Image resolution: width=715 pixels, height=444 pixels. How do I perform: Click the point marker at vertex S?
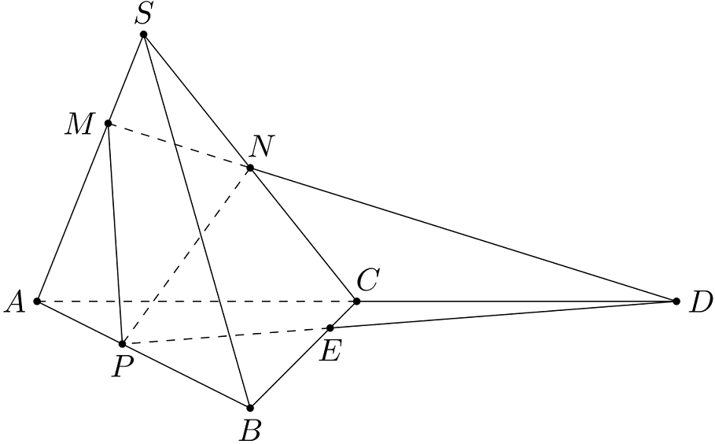(144, 35)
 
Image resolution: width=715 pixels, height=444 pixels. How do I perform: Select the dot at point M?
(108, 123)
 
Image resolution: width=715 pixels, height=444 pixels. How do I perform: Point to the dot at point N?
(250, 168)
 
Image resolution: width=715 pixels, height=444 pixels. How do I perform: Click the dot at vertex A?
(37, 302)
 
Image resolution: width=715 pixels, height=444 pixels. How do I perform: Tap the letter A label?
(15, 302)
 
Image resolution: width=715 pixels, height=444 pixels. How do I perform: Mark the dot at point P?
(122, 344)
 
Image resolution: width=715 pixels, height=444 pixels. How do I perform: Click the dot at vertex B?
(250, 408)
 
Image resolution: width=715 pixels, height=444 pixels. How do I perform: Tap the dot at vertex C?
(356, 302)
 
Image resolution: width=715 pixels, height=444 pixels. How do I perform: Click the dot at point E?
(330, 327)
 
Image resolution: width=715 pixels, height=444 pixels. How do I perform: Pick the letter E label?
(330, 351)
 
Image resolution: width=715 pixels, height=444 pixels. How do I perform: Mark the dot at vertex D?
(676, 302)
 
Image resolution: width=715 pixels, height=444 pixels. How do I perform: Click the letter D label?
(699, 302)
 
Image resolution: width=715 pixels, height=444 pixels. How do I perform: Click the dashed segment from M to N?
(179, 146)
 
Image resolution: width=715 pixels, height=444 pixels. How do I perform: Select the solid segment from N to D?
(463, 235)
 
